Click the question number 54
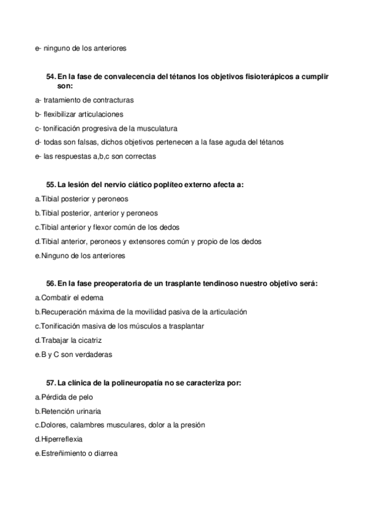[x=50, y=77]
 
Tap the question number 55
[x=50, y=185]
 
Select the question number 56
[x=50, y=283]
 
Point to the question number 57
[x=50, y=383]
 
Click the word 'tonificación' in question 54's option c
[x=62, y=128]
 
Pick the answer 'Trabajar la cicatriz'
[x=72, y=340]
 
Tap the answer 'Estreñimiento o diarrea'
[x=78, y=453]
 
